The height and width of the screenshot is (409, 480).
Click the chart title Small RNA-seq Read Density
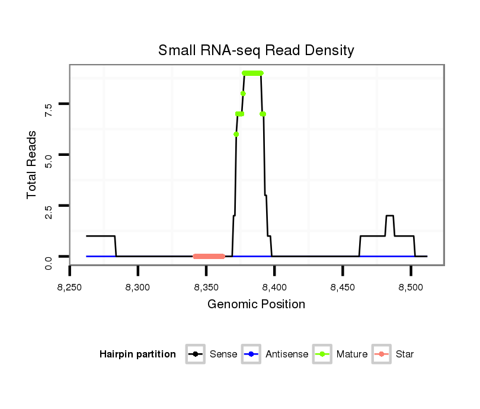256,50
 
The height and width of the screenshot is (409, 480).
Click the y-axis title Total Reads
32,164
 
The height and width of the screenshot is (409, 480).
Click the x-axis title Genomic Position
256,305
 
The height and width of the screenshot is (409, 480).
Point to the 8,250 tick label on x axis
70,287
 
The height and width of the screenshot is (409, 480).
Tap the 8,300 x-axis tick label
138,287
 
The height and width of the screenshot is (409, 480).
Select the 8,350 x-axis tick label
206,287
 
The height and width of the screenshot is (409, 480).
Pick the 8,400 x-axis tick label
274,287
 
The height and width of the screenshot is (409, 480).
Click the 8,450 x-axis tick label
343,287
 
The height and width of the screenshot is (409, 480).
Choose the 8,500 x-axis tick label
411,287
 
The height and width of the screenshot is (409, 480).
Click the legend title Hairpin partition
137,354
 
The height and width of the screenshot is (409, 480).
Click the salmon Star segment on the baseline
209,256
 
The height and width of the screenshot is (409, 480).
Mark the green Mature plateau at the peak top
252,73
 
